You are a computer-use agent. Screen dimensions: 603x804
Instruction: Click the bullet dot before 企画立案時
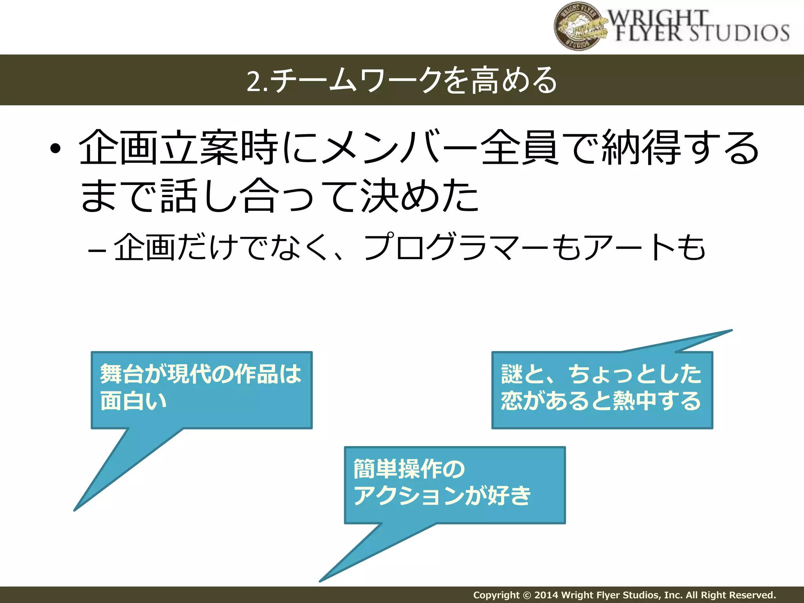point(56,149)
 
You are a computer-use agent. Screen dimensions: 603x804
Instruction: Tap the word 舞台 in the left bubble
point(122,373)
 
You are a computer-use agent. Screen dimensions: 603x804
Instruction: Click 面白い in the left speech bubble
point(133,401)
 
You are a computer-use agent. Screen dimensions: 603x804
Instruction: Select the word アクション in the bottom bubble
point(408,495)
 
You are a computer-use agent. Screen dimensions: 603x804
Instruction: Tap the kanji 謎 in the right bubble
point(512,373)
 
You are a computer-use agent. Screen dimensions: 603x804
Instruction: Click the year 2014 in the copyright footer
point(546,595)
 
